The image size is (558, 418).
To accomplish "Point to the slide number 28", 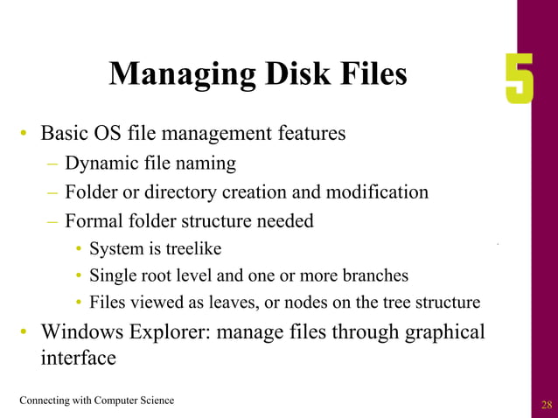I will tap(548, 404).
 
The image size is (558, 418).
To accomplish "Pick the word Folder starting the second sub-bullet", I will tap(92, 192).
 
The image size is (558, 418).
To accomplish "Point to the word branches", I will tap(375, 275).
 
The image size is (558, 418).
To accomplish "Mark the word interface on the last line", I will tap(78, 359).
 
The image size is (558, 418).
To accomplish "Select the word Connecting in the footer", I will tap(46, 401).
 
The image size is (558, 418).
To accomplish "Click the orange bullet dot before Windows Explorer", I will tap(25, 332).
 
